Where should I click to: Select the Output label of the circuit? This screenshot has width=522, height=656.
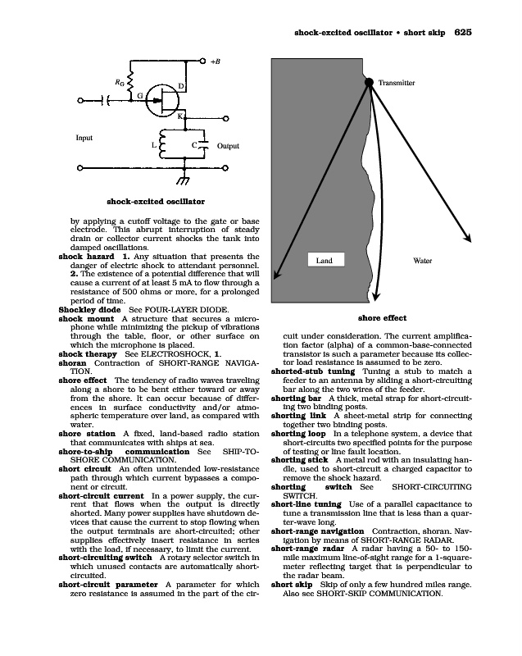[x=228, y=146]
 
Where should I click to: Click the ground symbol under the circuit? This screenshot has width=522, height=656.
[x=172, y=180]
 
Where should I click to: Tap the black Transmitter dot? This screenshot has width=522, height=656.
[x=369, y=81]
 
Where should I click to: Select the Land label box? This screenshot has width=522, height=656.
[x=324, y=260]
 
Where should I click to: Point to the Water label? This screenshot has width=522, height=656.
[x=423, y=260]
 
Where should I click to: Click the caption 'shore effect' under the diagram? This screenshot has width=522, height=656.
[x=382, y=318]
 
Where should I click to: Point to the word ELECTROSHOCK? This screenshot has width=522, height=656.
[x=179, y=353]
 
